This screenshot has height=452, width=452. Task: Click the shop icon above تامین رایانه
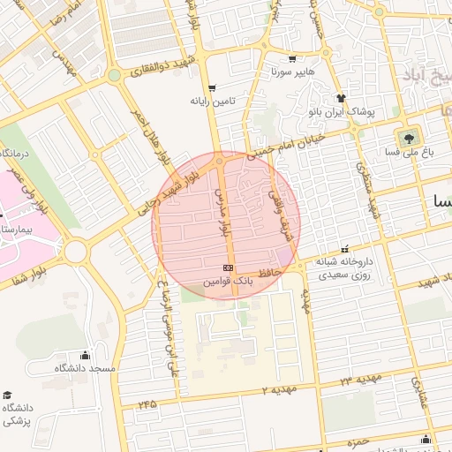click(x=213, y=87)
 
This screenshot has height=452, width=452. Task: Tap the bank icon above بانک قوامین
click(x=228, y=267)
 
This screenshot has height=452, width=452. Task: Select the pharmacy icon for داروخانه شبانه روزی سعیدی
click(x=344, y=251)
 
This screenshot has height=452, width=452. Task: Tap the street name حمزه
click(x=357, y=441)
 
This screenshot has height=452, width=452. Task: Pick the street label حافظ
click(x=269, y=273)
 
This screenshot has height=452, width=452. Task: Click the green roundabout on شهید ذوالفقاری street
click(x=114, y=77)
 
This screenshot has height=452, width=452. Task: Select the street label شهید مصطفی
click(x=366, y=189)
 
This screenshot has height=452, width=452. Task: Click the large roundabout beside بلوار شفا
click(x=75, y=252)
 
